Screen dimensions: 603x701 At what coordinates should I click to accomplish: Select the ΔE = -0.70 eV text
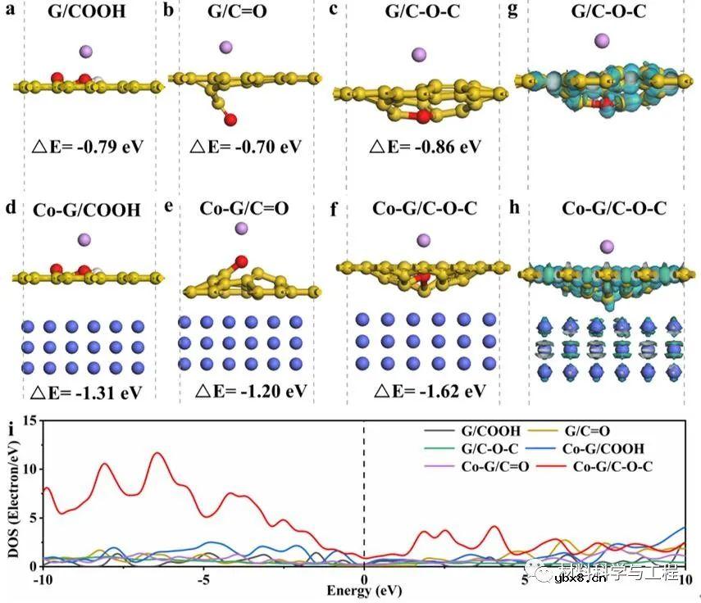[x=245, y=150]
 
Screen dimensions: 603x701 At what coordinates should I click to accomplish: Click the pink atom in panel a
[x=86, y=52]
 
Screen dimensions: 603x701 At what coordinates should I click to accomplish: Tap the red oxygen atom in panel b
[x=232, y=120]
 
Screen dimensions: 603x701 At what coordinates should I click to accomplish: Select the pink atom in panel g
[x=602, y=40]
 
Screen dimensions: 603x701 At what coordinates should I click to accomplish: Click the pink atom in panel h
[x=608, y=246]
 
